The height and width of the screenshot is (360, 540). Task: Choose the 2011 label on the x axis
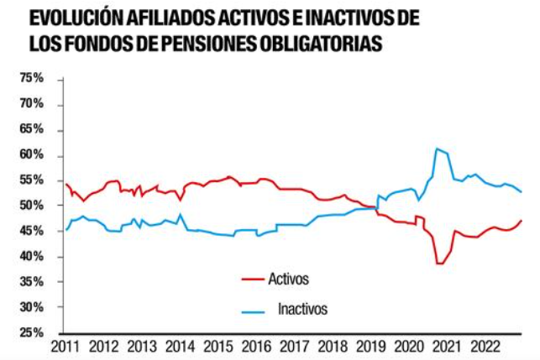point(66,347)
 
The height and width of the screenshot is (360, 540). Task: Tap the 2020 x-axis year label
point(407,347)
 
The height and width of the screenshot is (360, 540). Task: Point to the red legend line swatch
point(253,278)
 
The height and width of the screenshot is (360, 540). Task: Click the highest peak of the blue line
point(437,149)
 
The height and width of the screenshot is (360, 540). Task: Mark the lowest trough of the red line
point(438,263)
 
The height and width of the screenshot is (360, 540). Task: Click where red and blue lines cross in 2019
point(373,206)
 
